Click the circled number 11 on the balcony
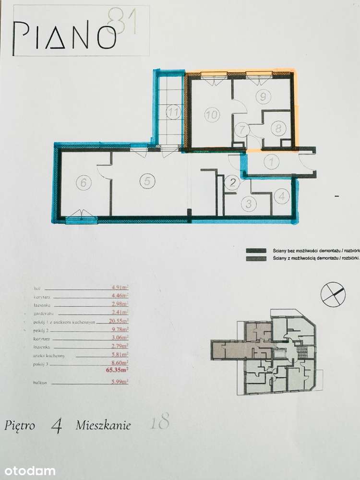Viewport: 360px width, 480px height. [x=173, y=114]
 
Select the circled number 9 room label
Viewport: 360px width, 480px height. [x=262, y=96]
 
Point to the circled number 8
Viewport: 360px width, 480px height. [x=277, y=128]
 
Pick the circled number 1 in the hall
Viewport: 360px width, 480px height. [x=272, y=162]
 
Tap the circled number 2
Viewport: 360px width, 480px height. [x=233, y=182]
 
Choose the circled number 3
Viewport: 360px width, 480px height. [x=248, y=203]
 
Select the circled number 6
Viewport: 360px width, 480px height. [x=84, y=182]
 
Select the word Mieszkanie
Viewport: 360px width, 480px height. [x=103, y=425]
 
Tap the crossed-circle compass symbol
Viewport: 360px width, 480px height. [x=333, y=293]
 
